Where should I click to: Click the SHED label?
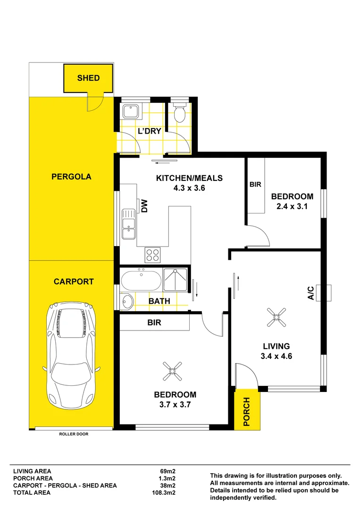tap(88, 78)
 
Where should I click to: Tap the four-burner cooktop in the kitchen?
tap(152, 255)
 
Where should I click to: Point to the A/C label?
tap(311, 293)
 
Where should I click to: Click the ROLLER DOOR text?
tap(74, 433)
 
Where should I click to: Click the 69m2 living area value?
tap(168, 471)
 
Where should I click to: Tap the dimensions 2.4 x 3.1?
tap(292, 206)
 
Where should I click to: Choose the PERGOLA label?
tap(71, 177)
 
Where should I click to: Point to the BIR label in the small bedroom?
tap(255, 184)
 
